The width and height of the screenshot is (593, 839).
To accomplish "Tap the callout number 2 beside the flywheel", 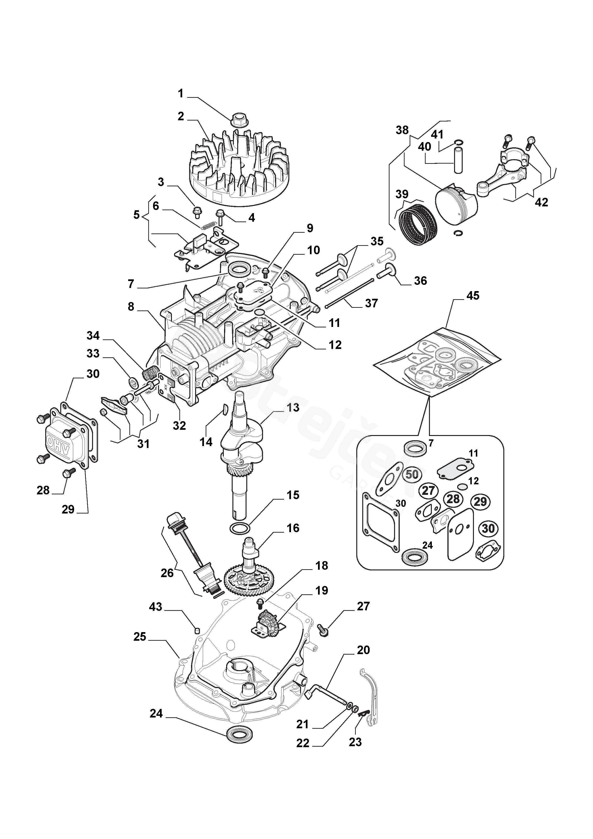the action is pos(181,116).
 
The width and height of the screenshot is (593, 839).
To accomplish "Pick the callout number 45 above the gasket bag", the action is pos(473,295).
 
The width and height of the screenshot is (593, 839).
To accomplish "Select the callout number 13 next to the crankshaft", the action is pos(293,408).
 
